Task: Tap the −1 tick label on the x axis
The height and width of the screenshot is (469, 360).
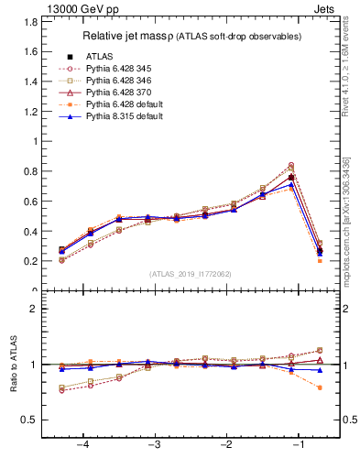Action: click(x=298, y=445)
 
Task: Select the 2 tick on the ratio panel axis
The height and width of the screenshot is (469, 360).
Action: click(x=35, y=309)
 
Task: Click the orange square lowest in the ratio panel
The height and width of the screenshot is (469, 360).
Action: click(x=318, y=387)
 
